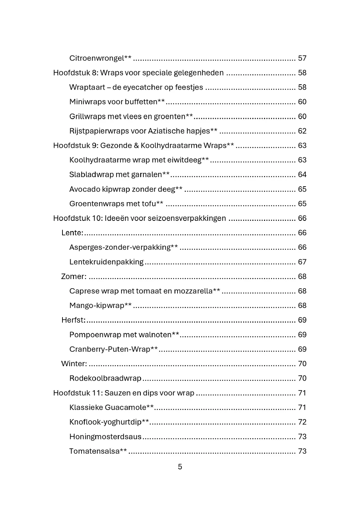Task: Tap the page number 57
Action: tap(302, 58)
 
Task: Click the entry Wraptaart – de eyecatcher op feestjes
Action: tap(136, 87)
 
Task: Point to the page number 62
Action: tap(302, 131)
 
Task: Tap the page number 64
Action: tap(302, 175)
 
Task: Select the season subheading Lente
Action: tap(72, 233)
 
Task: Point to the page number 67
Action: tap(302, 262)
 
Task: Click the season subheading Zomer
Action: tap(73, 276)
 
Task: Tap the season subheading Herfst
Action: tap(73, 320)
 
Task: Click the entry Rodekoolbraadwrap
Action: tap(105, 378)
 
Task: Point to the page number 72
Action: tap(302, 422)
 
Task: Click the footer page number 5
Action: tap(180, 467)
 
